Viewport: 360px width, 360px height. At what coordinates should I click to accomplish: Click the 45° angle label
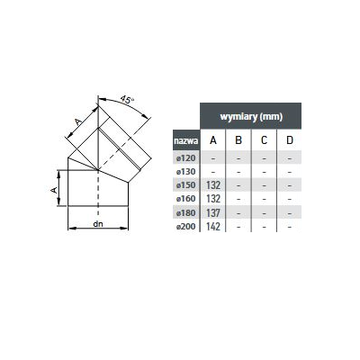127,100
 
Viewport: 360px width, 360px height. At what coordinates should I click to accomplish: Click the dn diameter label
98,224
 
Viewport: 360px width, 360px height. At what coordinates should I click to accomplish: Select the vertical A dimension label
54,190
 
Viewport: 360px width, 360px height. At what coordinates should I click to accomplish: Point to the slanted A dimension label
78,121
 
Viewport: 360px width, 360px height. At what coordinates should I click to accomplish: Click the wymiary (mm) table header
251,116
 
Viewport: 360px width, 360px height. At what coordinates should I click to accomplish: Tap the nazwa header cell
186,140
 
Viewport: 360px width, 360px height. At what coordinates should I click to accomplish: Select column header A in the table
213,140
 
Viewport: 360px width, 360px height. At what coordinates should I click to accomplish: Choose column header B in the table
238,140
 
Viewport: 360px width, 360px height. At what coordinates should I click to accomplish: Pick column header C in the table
264,140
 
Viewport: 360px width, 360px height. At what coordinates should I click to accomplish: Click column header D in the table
290,140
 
